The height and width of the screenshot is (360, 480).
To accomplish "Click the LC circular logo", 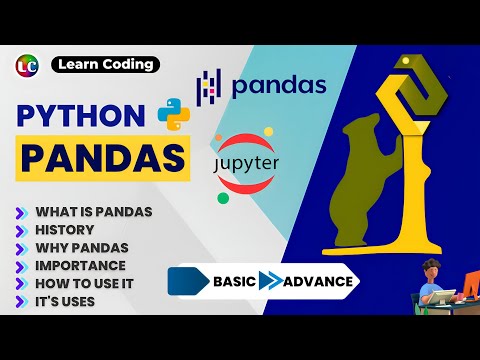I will click(28, 65).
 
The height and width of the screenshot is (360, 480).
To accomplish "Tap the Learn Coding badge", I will click(104, 65).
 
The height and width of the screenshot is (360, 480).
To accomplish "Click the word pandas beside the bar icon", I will click(278, 86).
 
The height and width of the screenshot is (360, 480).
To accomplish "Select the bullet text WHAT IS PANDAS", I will click(93, 211).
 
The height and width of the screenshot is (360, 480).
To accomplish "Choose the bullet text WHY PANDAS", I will click(82, 247).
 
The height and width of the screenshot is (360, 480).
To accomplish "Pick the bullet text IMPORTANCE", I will click(80, 265).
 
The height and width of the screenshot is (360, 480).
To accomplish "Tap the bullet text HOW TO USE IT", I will click(84, 283).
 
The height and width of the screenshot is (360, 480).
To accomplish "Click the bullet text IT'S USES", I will click(66, 301).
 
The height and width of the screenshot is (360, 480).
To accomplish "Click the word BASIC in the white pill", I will click(234, 282).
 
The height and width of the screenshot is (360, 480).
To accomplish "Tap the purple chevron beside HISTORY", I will click(21, 229).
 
